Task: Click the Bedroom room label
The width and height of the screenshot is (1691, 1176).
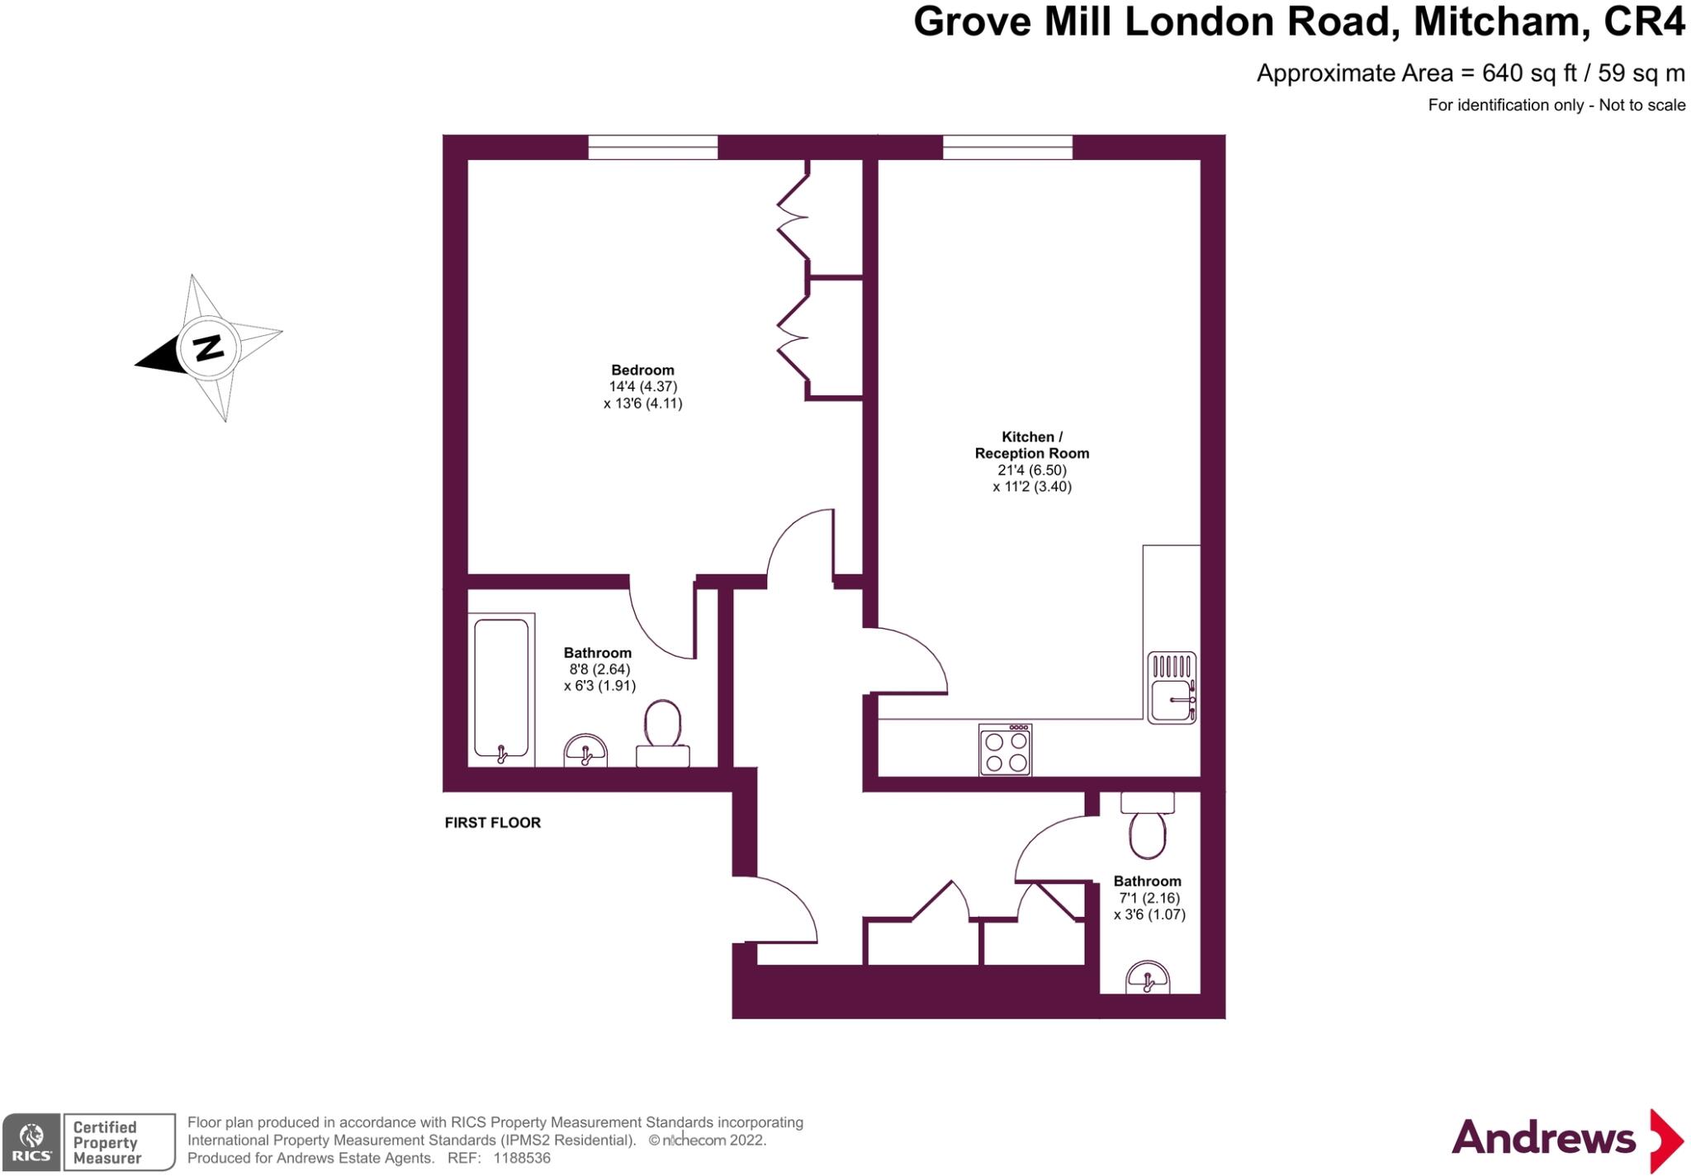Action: click(642, 370)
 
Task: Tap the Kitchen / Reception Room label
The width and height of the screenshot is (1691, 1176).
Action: click(1031, 445)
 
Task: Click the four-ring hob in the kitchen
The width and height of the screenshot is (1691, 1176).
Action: click(1005, 750)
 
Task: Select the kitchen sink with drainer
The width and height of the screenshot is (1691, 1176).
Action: click(1172, 687)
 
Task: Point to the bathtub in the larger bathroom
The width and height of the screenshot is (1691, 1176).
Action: click(501, 690)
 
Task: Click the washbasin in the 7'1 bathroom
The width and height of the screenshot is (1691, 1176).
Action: click(1148, 979)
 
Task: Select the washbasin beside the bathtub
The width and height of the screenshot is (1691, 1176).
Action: click(585, 751)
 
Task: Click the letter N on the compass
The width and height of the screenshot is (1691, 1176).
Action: click(208, 347)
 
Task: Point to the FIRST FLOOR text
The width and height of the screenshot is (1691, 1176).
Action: click(492, 823)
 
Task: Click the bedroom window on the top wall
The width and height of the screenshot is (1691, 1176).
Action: click(652, 148)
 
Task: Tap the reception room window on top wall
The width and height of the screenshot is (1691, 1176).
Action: click(1007, 148)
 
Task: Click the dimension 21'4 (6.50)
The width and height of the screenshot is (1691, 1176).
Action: click(1031, 470)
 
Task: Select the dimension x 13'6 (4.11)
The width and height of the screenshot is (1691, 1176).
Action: click(642, 404)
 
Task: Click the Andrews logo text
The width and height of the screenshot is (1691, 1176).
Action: click(1543, 1138)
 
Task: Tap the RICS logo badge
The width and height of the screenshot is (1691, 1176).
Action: click(31, 1141)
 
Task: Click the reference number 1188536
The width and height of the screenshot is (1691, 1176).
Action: click(522, 1158)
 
